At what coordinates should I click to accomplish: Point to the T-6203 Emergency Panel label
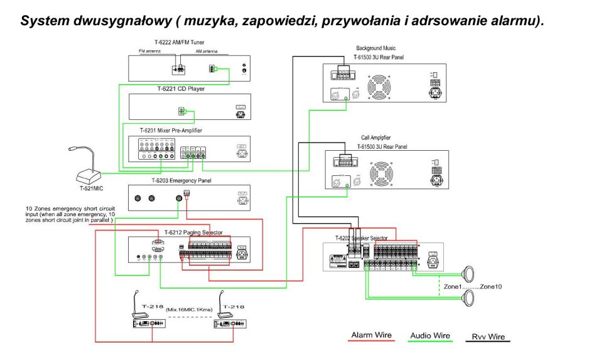[x=179, y=180]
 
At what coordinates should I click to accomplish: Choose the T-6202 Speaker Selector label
[x=361, y=237]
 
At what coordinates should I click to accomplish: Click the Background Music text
[x=377, y=48]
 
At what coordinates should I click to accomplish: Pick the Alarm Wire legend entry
[x=371, y=335]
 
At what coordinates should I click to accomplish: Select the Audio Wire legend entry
[x=430, y=335]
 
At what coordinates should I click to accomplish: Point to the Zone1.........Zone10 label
[x=473, y=286]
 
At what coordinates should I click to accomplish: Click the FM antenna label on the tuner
[x=149, y=51]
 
